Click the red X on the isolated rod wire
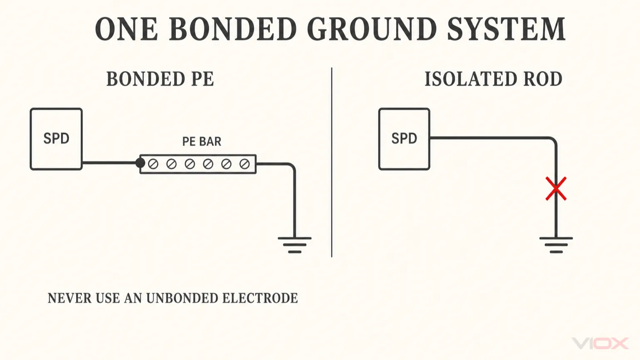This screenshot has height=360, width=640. click(x=556, y=189)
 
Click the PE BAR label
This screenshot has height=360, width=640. click(x=202, y=141)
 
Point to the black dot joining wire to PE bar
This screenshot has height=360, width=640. click(x=140, y=163)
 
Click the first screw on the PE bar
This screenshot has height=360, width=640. click(x=153, y=164)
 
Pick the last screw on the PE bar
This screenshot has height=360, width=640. click(x=245, y=164)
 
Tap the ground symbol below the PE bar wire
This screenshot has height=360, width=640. click(x=295, y=245)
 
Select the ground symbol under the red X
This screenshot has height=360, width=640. click(x=556, y=245)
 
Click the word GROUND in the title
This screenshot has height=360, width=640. click(x=372, y=29)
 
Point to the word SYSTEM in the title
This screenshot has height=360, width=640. click(x=506, y=29)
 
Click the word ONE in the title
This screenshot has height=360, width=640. click(x=126, y=29)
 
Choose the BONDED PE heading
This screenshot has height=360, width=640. click(x=160, y=79)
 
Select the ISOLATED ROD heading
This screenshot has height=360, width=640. click(x=493, y=79)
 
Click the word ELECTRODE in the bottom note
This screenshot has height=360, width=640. click(x=260, y=298)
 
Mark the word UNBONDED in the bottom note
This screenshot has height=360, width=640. click(x=182, y=298)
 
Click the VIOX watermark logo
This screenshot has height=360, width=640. click(x=600, y=343)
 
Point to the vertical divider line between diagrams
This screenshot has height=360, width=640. click(x=331, y=162)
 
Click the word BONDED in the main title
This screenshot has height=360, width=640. click(x=232, y=29)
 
